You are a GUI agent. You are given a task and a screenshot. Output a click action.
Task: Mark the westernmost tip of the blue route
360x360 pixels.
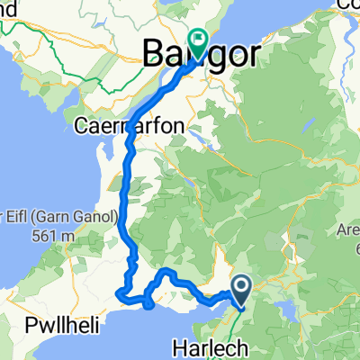coord(119,292)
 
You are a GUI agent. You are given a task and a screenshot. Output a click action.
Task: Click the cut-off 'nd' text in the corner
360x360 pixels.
coord(8,13)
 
